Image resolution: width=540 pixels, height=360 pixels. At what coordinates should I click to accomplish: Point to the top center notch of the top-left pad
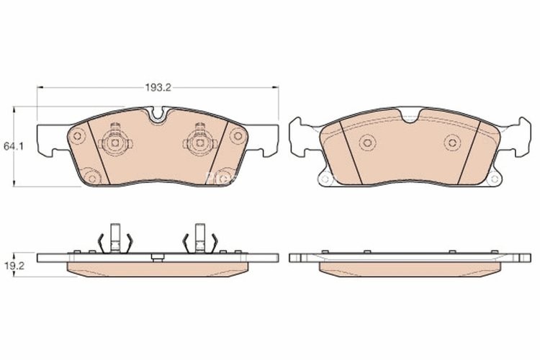pyautogui.click(x=158, y=114)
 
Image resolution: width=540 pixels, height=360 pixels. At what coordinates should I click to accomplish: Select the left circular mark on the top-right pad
pyautogui.click(x=366, y=142)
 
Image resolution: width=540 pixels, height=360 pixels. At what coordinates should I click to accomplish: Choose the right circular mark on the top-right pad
pyautogui.click(x=451, y=141)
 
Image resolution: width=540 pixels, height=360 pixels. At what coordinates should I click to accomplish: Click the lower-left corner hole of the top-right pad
pyautogui.click(x=325, y=179)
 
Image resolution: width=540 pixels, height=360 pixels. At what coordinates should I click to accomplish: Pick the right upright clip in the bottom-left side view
pyautogui.click(x=200, y=238)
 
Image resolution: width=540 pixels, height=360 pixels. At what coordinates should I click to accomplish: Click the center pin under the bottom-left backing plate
pyautogui.click(x=157, y=256)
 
